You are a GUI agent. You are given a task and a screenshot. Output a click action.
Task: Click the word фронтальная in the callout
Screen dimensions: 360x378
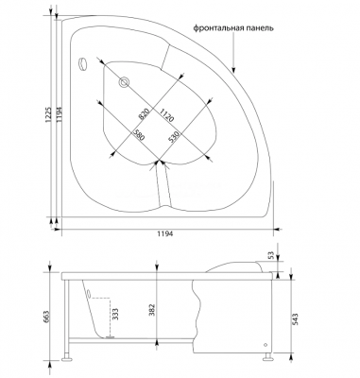(218, 28)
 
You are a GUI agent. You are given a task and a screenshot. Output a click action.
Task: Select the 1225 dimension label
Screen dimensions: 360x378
(48, 116)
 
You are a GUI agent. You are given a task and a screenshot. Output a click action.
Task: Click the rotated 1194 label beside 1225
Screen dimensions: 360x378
(60, 116)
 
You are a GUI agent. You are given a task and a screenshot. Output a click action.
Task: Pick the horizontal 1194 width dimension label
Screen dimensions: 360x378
(165, 233)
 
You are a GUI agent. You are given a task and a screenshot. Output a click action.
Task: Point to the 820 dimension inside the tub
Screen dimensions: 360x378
(144, 114)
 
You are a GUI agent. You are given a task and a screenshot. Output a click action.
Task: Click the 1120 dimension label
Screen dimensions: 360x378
(166, 115)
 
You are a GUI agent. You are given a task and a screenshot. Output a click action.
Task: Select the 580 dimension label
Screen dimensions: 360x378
(139, 135)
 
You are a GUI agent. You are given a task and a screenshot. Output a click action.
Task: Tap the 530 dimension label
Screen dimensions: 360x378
(174, 137)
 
